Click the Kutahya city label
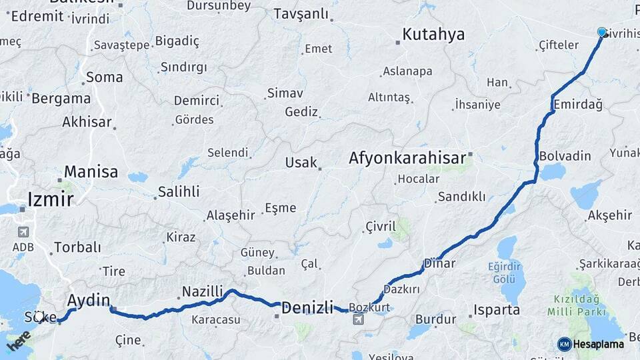(433, 35)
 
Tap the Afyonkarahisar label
(407, 158)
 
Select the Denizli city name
(307, 308)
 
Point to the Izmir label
(51, 198)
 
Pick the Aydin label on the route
(89, 299)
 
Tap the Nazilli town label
(203, 291)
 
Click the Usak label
(301, 163)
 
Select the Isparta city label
(496, 310)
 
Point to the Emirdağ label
(578, 105)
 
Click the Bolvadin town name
(565, 156)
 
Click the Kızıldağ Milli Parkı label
(577, 305)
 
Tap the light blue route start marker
(602, 32)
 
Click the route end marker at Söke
(41, 317)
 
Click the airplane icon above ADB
(23, 232)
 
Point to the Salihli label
(178, 192)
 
